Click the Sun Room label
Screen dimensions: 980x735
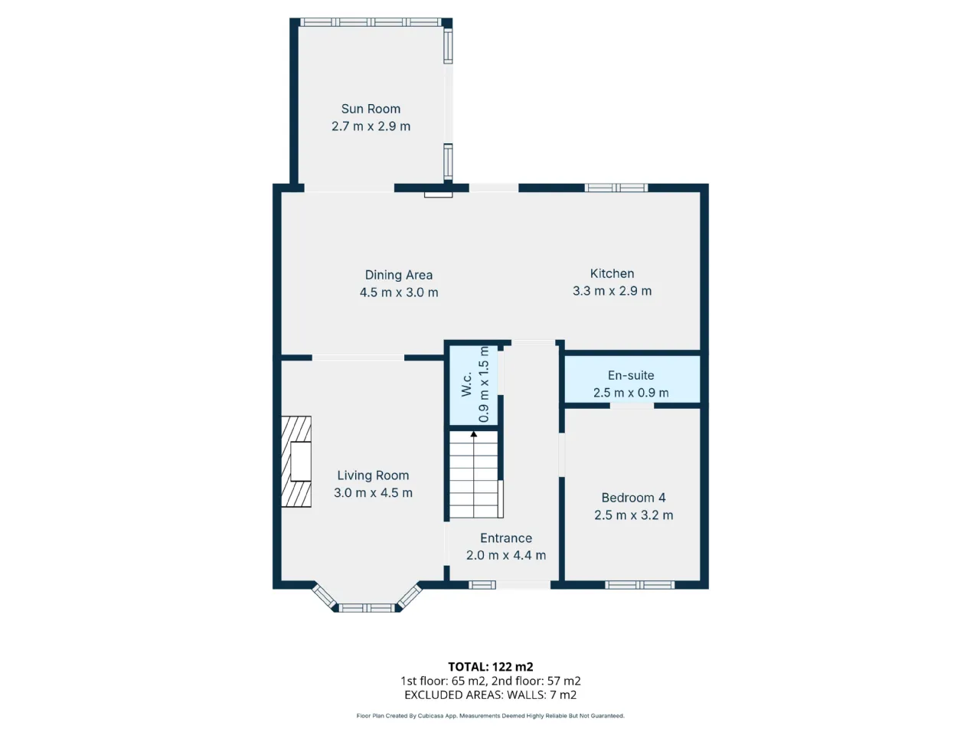(371, 109)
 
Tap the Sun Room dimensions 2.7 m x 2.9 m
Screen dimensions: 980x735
(371, 126)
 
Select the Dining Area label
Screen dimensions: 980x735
(399, 275)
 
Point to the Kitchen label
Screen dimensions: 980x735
(612, 273)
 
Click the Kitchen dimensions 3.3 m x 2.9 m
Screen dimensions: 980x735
(612, 291)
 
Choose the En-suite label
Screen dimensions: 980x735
(631, 375)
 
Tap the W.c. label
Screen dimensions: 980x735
(466, 384)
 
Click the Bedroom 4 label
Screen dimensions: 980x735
(633, 498)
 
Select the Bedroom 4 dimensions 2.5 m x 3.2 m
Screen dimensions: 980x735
(633, 515)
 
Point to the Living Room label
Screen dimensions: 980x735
(373, 475)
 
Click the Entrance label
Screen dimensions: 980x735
(506, 538)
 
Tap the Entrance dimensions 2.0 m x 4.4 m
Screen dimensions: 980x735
(506, 556)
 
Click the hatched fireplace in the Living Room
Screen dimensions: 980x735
(296, 462)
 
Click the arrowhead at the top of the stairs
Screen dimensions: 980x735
(474, 434)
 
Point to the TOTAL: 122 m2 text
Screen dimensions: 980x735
(490, 667)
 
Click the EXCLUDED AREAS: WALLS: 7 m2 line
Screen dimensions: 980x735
(490, 695)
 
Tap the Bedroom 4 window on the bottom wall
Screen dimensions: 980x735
(639, 585)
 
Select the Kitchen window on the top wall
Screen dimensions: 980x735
(616, 188)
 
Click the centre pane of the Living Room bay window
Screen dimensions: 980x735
(367, 608)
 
